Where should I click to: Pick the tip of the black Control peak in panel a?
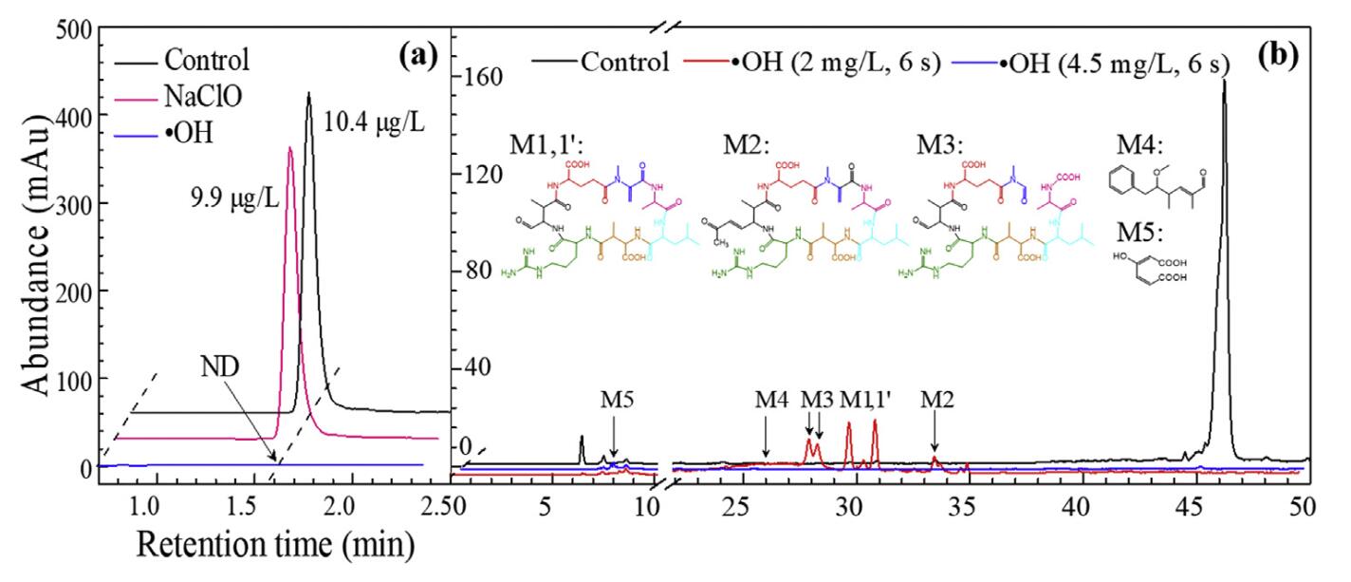tap(308, 93)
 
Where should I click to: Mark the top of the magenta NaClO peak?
tap(289, 147)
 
